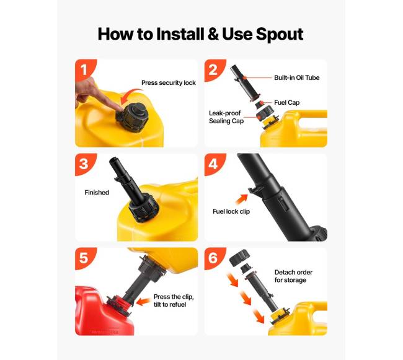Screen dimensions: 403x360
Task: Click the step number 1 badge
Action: pyautogui.click(x=84, y=69)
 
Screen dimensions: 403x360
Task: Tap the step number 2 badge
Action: pyautogui.click(x=213, y=69)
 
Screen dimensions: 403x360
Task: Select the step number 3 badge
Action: pyautogui.click(x=84, y=164)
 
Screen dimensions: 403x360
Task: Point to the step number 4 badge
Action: pyautogui.click(x=213, y=164)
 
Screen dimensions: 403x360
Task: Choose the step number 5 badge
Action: pyautogui.click(x=84, y=258)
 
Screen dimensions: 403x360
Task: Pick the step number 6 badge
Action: pyautogui.click(x=213, y=258)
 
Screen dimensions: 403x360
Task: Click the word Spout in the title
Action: pyautogui.click(x=280, y=35)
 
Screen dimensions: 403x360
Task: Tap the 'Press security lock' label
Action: pyautogui.click(x=169, y=82)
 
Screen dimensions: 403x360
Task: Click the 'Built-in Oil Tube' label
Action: pyautogui.click(x=296, y=77)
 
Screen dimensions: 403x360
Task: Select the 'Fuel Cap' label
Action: pyautogui.click(x=286, y=102)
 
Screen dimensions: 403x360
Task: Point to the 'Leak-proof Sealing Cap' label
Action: pyautogui.click(x=226, y=117)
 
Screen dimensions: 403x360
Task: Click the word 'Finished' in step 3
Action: pyautogui.click(x=97, y=192)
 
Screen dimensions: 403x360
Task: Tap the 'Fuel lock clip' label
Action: pyautogui.click(x=231, y=211)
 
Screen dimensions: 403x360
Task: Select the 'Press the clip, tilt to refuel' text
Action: pyautogui.click(x=174, y=301)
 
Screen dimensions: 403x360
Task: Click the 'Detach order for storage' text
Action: pyautogui.click(x=293, y=276)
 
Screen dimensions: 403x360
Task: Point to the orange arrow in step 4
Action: pyautogui.click(x=241, y=199)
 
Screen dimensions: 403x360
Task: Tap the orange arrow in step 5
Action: pyautogui.click(x=143, y=302)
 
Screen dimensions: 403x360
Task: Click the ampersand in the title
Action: pyautogui.click(x=213, y=35)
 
